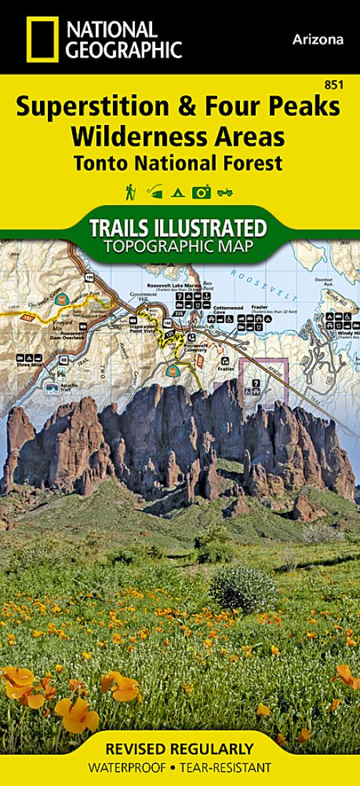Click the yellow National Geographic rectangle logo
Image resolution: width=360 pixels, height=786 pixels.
(43, 39)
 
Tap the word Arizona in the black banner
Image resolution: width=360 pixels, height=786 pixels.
(318, 40)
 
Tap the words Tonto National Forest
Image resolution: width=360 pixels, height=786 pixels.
(176, 162)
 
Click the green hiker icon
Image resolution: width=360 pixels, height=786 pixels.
(131, 191)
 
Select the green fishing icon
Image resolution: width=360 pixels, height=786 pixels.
(154, 191)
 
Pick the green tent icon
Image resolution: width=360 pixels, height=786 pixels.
(179, 191)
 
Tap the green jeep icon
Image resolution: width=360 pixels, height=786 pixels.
(226, 191)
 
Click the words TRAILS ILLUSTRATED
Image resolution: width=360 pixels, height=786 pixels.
(179, 229)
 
